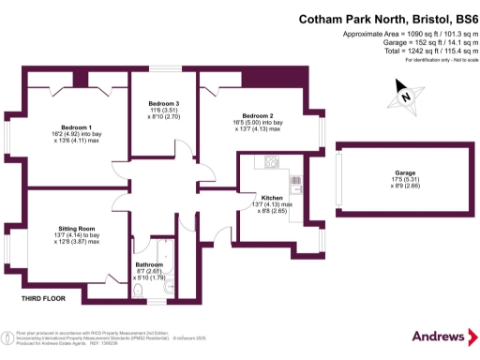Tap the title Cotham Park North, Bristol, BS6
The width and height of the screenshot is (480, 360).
(x=386, y=19)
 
